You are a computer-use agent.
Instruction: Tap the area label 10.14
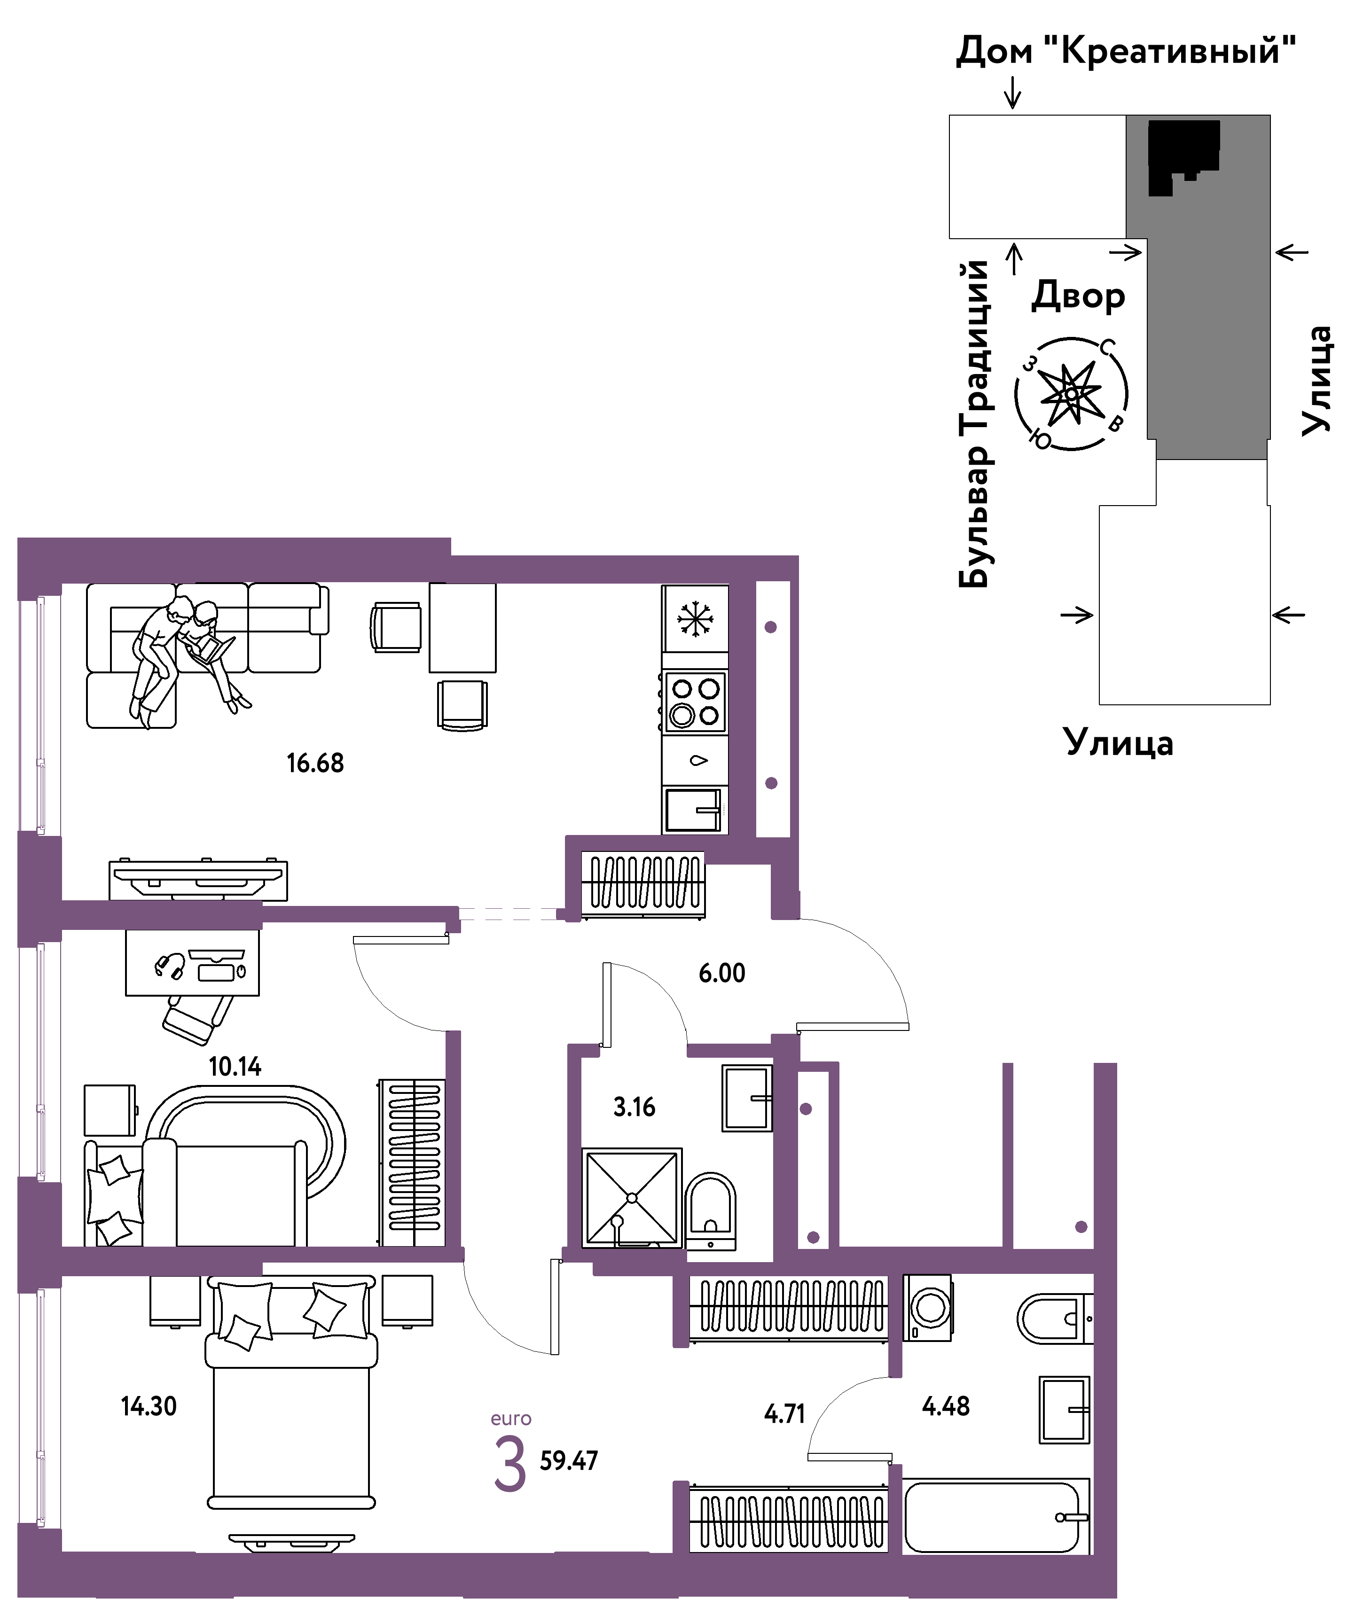[235, 1066]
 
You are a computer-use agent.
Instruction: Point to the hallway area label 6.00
[721, 973]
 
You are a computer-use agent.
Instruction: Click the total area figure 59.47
[569, 1460]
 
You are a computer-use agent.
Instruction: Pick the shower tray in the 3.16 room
[632, 1197]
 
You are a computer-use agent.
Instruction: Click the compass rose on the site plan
[1071, 394]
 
